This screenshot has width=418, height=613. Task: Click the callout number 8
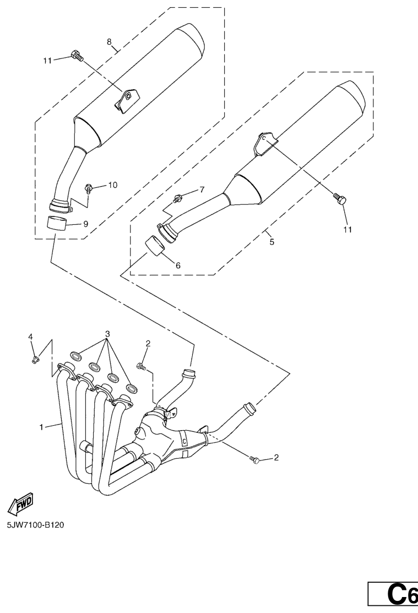pyautogui.click(x=109, y=41)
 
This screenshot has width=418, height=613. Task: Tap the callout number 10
pyautogui.click(x=112, y=185)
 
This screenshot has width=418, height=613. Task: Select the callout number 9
pyautogui.click(x=85, y=224)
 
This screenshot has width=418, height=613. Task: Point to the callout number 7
pyautogui.click(x=202, y=190)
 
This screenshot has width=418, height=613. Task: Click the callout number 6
pyautogui.click(x=178, y=265)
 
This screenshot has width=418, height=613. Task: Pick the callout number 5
pyautogui.click(x=272, y=242)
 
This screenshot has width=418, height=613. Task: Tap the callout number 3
pyautogui.click(x=107, y=334)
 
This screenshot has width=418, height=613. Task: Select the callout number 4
pyautogui.click(x=30, y=337)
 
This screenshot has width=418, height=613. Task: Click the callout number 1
pyautogui.click(x=41, y=427)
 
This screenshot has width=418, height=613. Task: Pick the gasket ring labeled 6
pyautogui.click(x=155, y=246)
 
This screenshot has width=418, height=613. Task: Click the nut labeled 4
pyautogui.click(x=35, y=359)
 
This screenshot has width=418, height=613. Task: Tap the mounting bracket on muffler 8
pyautogui.click(x=126, y=100)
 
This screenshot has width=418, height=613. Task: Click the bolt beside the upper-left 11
pyautogui.click(x=77, y=56)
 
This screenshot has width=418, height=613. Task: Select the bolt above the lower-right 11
pyautogui.click(x=339, y=198)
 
